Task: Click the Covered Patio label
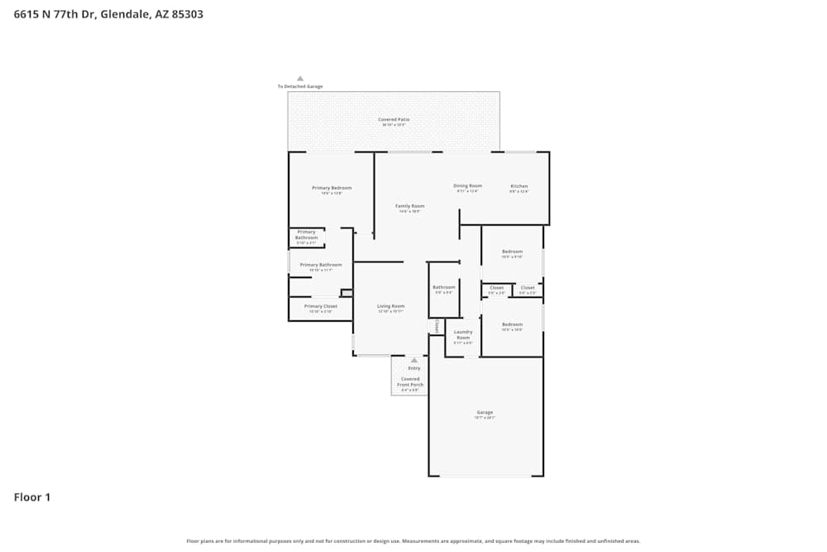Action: point(394,120)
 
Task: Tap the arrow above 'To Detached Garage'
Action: point(300,79)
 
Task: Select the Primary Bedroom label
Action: point(332,189)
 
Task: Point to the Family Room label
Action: point(409,206)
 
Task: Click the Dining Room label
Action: point(467,186)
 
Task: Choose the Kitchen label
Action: point(519,186)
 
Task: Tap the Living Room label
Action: point(390,306)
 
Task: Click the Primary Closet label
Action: point(320,307)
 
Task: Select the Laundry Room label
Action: point(463,335)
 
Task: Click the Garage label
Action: point(485,412)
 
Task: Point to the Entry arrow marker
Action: point(413,360)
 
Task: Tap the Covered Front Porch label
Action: point(410,382)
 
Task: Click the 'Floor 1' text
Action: point(32,497)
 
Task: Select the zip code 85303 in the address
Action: point(187,14)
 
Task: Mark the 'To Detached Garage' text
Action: point(300,87)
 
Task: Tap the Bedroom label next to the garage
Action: point(512,324)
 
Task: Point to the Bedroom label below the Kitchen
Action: point(512,252)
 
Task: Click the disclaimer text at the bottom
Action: point(413,541)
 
